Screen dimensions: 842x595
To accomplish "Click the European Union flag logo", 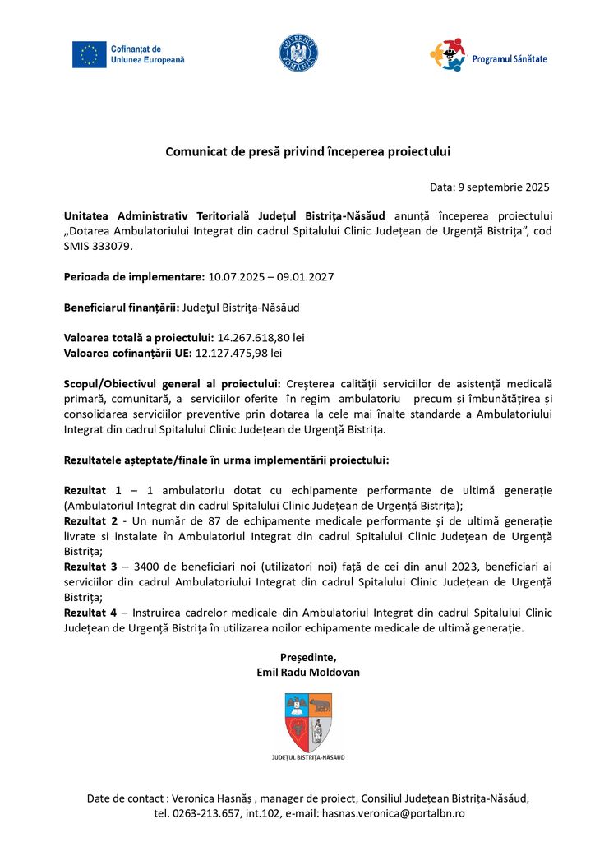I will coord(89,54).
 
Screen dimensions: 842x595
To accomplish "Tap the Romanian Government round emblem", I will coord(297,52).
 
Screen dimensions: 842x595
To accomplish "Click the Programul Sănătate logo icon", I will coord(447,55).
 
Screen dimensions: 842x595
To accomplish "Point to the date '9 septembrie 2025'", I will coord(501,187).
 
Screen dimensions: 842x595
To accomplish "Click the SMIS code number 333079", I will coord(108,246).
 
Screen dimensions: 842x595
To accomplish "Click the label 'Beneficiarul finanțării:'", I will coord(121,307).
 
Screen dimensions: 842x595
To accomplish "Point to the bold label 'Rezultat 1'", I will coord(92,490).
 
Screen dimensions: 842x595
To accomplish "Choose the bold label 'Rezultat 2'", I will coord(92,521).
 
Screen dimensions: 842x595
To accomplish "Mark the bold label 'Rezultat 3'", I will coord(92,567).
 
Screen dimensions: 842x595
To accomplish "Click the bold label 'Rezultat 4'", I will coord(92,613).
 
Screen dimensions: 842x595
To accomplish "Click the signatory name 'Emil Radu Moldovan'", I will coord(308,672).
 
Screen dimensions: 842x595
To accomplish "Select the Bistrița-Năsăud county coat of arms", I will coord(308,721).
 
